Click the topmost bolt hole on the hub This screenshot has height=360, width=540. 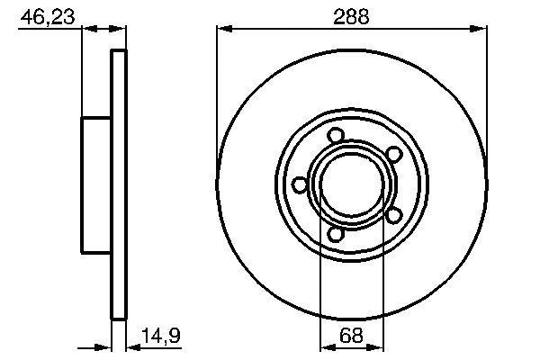click(336, 136)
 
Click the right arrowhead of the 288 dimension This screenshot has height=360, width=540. click(481, 30)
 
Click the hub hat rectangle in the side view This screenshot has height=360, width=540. click(96, 184)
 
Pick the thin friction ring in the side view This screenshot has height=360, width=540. click(117, 184)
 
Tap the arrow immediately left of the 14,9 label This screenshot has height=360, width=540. click(131, 346)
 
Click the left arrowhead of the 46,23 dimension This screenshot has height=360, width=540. click(88, 30)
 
